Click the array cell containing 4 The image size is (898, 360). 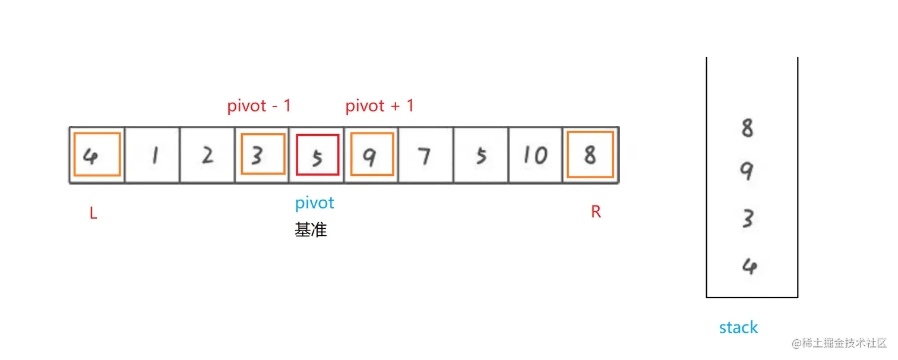click(x=97, y=155)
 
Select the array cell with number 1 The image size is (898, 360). click(x=152, y=155)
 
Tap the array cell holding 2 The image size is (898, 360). click(x=207, y=155)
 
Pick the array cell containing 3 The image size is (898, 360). click(x=262, y=155)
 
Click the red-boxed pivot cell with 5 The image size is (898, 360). click(x=317, y=155)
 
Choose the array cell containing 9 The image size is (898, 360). click(x=372, y=155)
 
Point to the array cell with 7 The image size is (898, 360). click(x=425, y=155)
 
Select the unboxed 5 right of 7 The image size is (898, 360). click(x=481, y=155)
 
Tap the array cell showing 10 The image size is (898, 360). click(x=535, y=155)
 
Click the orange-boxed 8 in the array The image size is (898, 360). click(x=590, y=155)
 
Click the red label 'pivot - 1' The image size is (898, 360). click(x=260, y=106)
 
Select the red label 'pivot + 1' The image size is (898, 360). click(x=380, y=106)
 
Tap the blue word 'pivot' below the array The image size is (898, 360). click(x=315, y=203)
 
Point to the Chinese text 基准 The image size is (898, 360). click(x=311, y=230)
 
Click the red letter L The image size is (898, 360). click(x=93, y=214)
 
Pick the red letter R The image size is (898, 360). click(x=596, y=212)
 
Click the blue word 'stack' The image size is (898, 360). click(x=738, y=327)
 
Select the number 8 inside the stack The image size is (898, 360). click(x=748, y=128)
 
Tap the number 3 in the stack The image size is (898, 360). click(x=748, y=219)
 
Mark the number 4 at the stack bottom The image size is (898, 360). click(x=748, y=266)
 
